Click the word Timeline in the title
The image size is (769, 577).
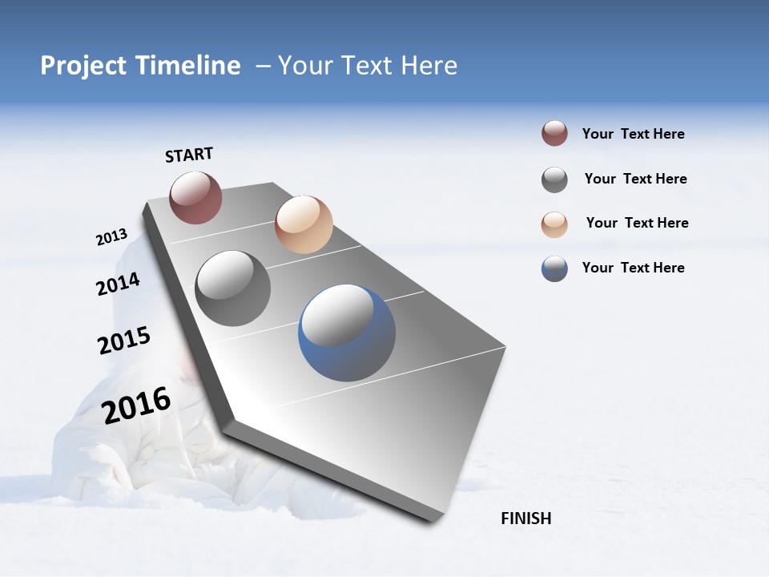(x=187, y=66)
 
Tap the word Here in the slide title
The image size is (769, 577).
(x=429, y=66)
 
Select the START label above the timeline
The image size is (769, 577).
(x=189, y=155)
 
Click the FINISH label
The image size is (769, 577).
(x=525, y=518)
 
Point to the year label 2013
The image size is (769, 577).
(x=111, y=237)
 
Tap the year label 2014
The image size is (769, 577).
(x=118, y=284)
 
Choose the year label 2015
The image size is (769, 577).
(x=123, y=341)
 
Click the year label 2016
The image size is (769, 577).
(x=136, y=406)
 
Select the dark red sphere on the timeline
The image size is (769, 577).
(x=195, y=197)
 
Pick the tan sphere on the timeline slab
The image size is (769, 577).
(x=304, y=224)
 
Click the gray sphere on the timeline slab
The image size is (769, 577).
(x=232, y=288)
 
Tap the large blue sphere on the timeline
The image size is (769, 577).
(x=347, y=333)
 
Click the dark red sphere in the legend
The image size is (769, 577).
(x=554, y=133)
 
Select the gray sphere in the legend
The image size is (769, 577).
(x=554, y=180)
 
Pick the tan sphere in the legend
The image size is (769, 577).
(x=554, y=224)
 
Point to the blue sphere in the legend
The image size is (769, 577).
(x=554, y=268)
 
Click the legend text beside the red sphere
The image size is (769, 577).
(x=633, y=135)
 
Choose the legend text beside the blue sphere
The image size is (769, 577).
(x=633, y=268)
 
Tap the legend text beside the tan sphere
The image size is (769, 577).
(x=637, y=223)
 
